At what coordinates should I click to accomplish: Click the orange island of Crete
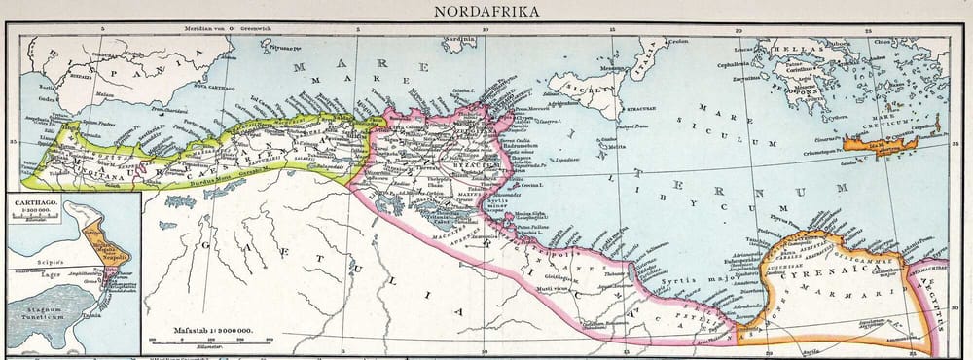point(881,146)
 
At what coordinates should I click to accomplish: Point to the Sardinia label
point(458,40)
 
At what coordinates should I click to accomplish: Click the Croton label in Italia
point(678,40)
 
